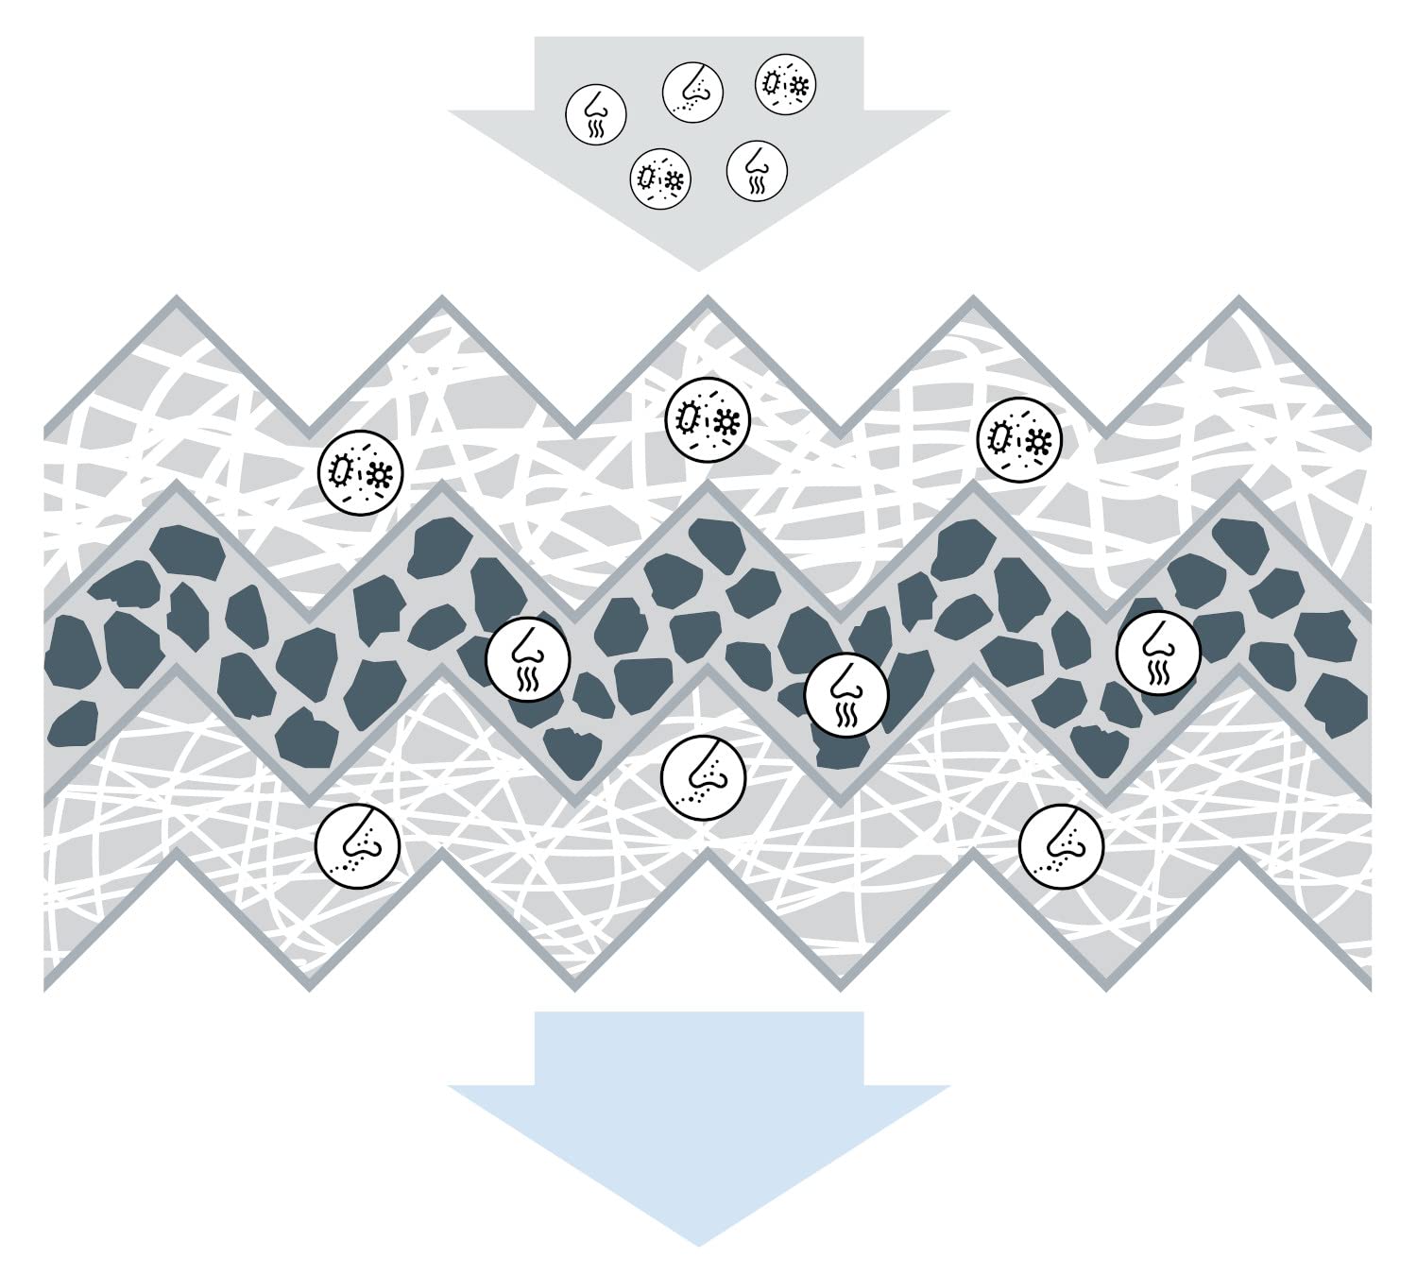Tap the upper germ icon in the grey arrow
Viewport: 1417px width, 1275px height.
click(785, 83)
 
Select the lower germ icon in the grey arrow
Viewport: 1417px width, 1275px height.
click(660, 177)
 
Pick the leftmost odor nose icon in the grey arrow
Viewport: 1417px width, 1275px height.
click(595, 114)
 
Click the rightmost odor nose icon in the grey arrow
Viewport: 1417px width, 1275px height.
click(757, 171)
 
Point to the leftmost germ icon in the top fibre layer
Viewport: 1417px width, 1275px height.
click(361, 471)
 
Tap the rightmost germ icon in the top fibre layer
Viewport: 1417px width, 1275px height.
click(1019, 438)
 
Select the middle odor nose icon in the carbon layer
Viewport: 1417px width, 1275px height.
click(846, 694)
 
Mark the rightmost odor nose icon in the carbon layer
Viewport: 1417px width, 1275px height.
click(1158, 653)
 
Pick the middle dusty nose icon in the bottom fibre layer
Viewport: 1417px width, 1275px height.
click(703, 776)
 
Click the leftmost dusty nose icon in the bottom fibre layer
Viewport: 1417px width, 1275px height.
click(357, 846)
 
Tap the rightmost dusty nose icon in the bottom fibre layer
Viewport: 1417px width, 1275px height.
click(1061, 846)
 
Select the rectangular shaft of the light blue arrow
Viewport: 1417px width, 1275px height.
click(699, 1048)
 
